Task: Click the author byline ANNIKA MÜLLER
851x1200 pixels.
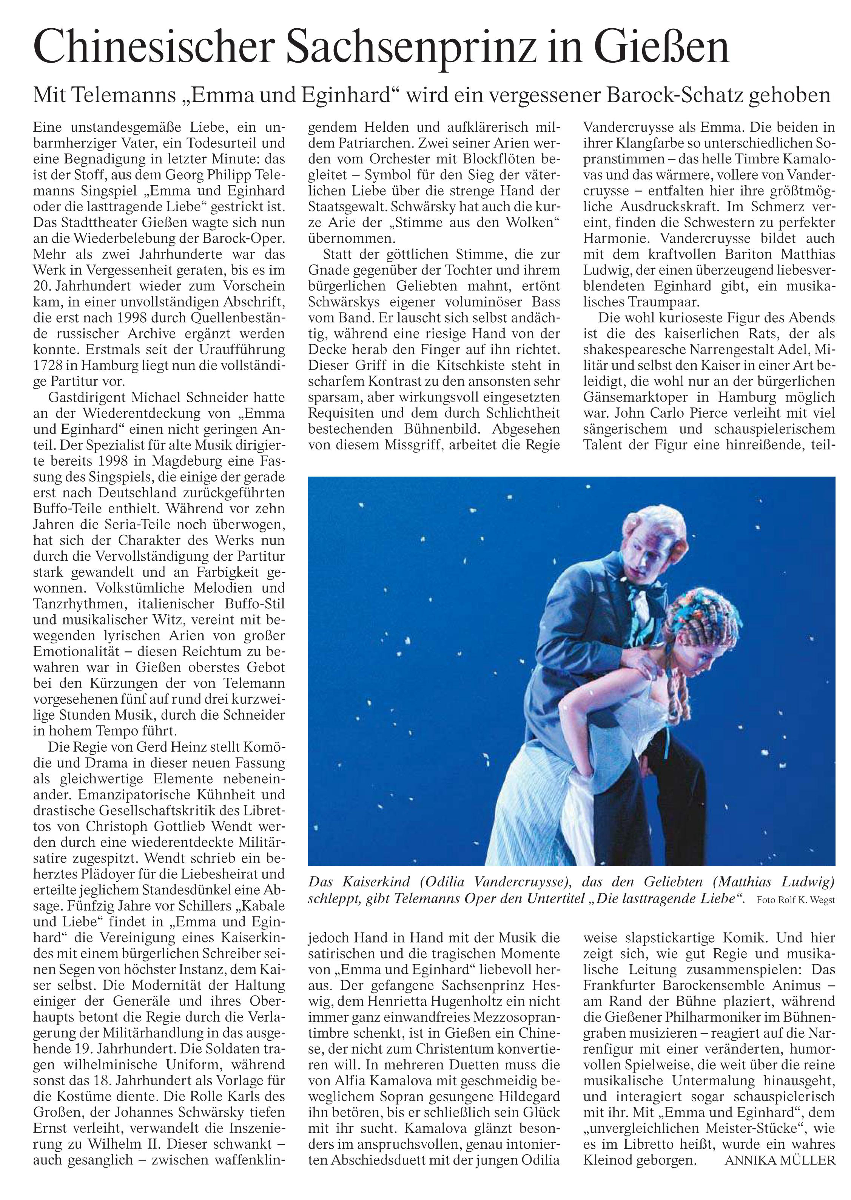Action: tap(780, 1160)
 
